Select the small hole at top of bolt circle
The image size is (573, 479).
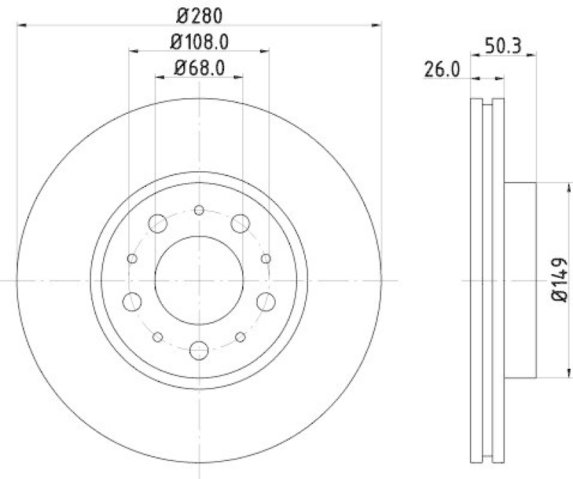[x=199, y=210]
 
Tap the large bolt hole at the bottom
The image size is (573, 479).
[x=199, y=350]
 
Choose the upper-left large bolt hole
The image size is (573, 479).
[x=158, y=224]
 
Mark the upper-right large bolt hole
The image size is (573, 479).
[x=240, y=224]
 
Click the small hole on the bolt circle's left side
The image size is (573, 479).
[x=132, y=258]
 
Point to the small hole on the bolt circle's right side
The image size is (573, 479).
[x=266, y=258]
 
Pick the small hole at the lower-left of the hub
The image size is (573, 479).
[x=158, y=337]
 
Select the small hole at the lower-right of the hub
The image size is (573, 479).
[x=241, y=337]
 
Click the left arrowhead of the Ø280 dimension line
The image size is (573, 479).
[x=21, y=25]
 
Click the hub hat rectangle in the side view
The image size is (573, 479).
[x=519, y=280]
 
